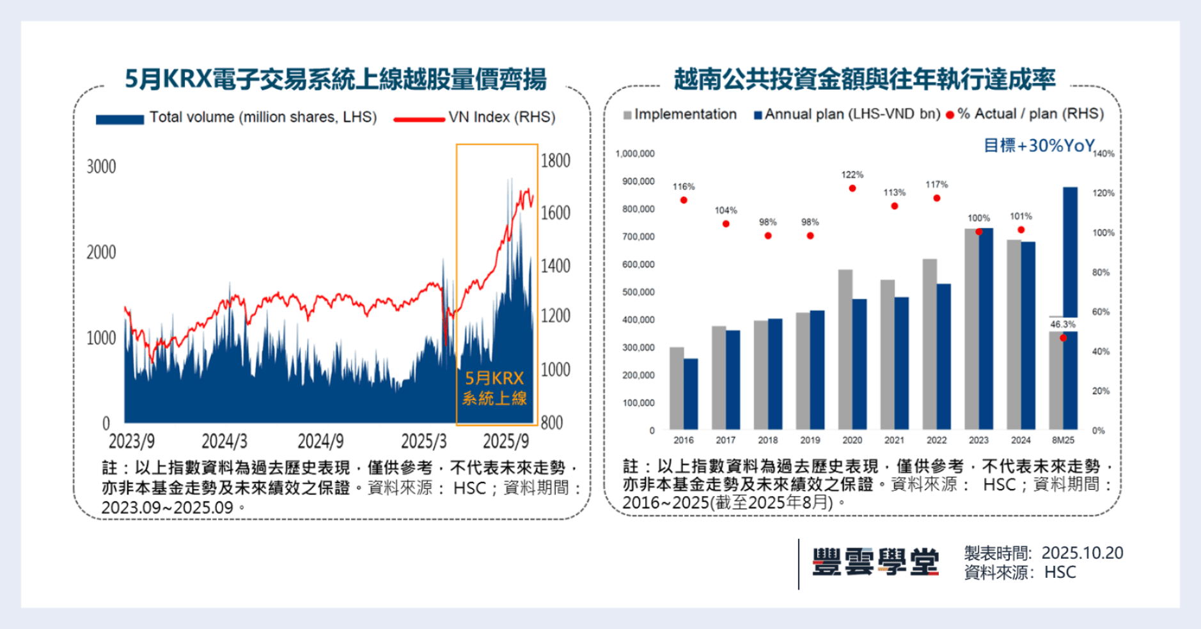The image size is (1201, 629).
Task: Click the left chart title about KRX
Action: [335, 79]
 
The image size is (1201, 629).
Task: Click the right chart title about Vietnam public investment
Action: [864, 79]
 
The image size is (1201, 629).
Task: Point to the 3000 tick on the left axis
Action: [101, 167]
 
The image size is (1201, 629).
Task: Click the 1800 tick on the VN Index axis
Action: [555, 160]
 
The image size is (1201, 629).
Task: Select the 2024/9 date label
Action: [320, 441]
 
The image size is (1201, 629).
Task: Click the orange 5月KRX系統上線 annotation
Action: [494, 389]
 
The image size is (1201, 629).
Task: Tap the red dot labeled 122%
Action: [852, 189]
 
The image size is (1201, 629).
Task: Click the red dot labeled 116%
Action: [684, 200]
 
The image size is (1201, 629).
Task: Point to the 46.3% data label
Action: [1062, 325]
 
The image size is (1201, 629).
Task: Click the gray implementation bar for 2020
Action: [845, 348]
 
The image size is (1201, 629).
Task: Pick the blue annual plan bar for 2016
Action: [691, 394]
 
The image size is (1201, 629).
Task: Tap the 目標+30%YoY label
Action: [1039, 146]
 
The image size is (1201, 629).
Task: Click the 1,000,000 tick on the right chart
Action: [634, 154]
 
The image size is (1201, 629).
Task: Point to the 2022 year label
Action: [936, 440]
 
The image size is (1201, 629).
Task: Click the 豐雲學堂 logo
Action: [875, 563]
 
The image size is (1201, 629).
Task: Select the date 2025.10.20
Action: [1082, 553]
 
